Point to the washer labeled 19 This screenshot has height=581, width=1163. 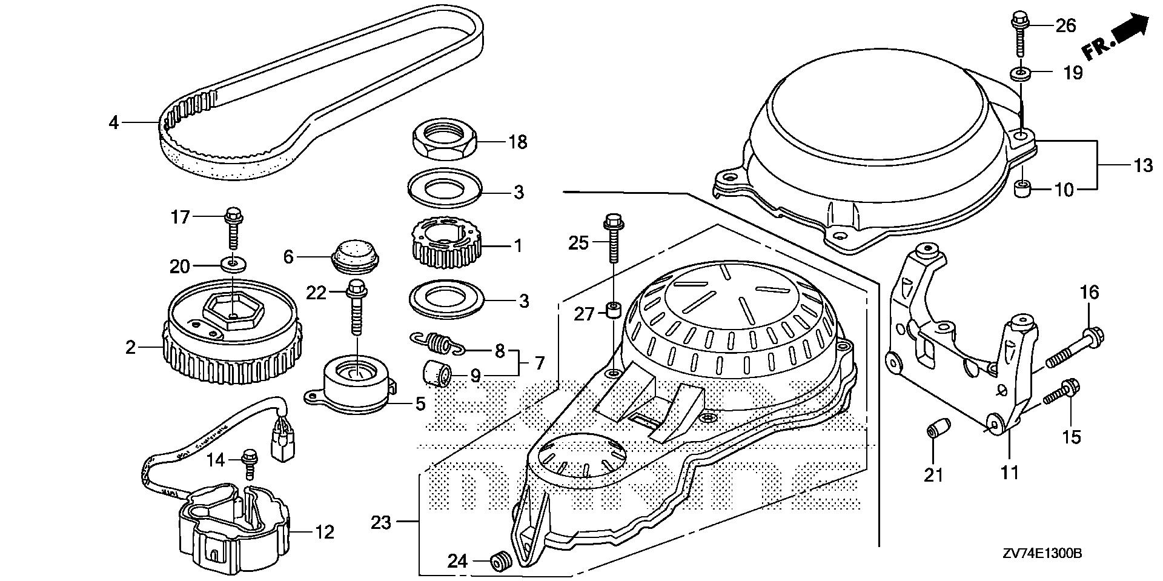(1021, 74)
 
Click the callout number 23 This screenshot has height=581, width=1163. (382, 522)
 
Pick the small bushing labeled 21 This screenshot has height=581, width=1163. (933, 431)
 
